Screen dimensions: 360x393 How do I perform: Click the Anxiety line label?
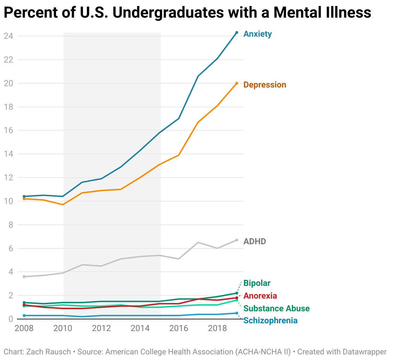258,34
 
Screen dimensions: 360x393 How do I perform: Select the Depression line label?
265,85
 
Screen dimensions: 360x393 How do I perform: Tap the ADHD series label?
255,242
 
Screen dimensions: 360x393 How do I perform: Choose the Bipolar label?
257,283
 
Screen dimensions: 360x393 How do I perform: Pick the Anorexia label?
260,296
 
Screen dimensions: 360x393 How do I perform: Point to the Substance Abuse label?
276,309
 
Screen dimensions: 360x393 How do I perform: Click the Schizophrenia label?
270,321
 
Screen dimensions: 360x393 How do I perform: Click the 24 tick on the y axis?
8,36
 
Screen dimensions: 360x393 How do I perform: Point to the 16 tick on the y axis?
8,131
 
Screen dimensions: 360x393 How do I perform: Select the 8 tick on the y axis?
11,225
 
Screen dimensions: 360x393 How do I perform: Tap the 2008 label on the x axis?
24,329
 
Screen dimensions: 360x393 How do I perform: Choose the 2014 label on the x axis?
140,329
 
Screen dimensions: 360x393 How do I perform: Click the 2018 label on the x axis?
217,329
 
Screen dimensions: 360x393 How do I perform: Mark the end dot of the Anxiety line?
237,32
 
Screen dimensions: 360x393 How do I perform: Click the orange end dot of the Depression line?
237,83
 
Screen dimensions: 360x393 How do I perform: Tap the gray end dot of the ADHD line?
237,240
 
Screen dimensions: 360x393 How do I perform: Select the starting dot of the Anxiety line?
24,196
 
